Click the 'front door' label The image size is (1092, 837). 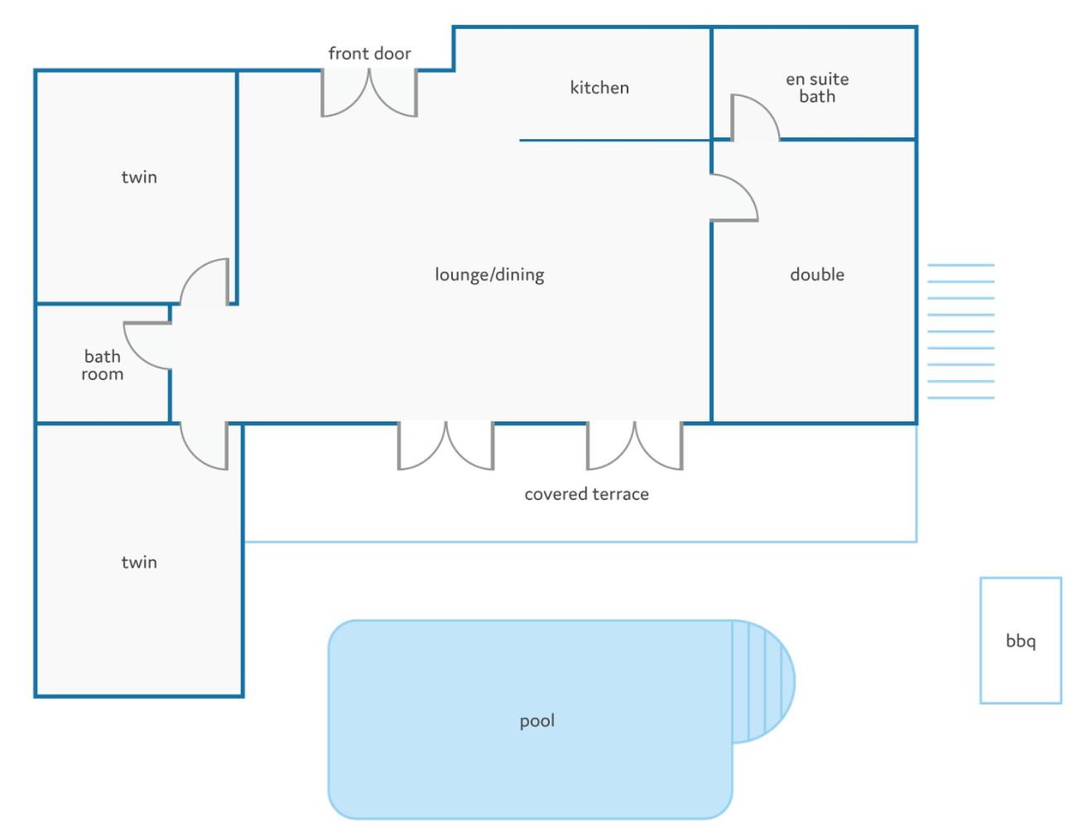click(369, 53)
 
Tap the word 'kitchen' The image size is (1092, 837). click(599, 88)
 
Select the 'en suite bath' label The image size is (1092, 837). click(817, 88)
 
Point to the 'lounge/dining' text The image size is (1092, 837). click(489, 275)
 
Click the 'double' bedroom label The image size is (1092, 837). click(817, 274)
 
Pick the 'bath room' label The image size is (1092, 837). click(103, 365)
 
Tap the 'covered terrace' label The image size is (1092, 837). click(586, 494)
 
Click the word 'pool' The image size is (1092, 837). click(536, 721)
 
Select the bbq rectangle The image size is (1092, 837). click(1021, 640)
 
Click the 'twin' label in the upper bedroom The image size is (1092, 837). click(139, 177)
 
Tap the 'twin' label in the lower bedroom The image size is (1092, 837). click(139, 561)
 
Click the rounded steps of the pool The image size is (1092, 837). click(763, 681)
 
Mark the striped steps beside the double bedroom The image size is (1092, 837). click(960, 332)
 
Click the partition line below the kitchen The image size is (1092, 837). click(614, 140)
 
